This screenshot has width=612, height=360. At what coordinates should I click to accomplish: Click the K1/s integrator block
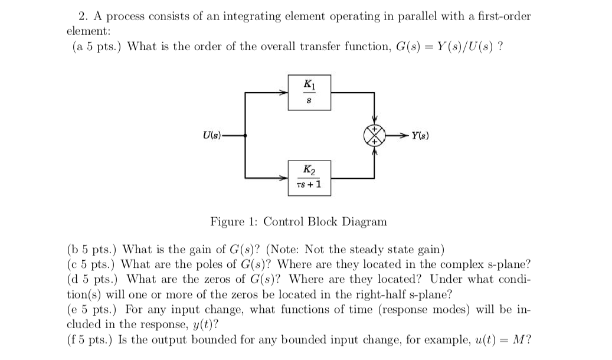(309, 93)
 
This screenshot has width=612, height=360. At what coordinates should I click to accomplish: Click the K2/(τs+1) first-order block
(309, 177)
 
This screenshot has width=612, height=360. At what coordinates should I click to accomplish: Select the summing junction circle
(374, 135)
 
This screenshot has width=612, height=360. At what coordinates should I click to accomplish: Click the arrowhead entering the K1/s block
(284, 92)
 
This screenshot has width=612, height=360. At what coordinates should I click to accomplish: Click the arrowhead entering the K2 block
(284, 177)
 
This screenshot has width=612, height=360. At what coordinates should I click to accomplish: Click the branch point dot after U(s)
(246, 136)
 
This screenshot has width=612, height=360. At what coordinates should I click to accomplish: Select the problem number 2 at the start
(82, 16)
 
